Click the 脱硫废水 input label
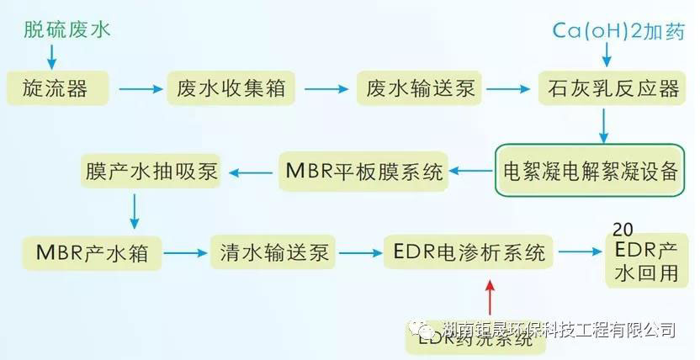[x=67, y=30]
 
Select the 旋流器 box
[x=57, y=87]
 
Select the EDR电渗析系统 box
[x=469, y=251]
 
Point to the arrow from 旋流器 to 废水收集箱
[x=139, y=87]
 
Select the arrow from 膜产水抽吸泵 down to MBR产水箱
[x=134, y=209]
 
